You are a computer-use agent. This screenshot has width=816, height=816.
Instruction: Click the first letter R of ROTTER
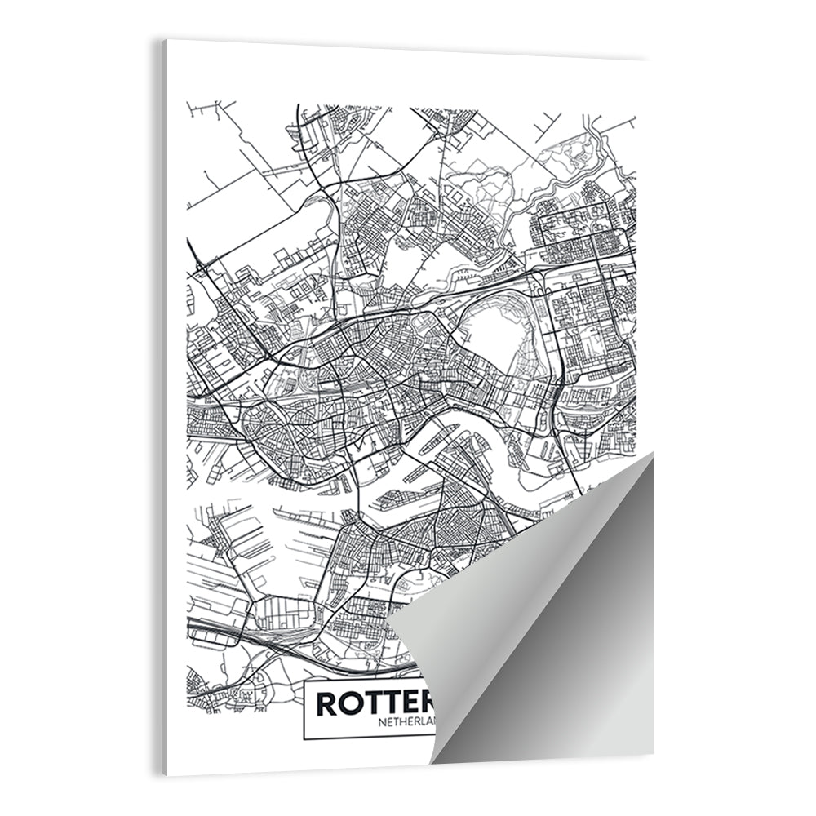[326, 703]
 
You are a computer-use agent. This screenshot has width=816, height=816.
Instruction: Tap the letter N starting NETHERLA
[381, 721]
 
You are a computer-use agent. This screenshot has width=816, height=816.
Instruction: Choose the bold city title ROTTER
[371, 703]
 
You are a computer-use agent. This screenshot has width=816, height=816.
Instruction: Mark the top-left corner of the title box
[304, 679]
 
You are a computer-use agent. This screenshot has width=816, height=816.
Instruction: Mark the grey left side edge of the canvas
[163, 408]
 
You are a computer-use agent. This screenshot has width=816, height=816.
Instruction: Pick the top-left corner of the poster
[166, 40]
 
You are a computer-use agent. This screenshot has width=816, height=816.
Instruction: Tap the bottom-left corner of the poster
[168, 774]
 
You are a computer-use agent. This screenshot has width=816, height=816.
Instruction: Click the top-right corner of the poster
[647, 59]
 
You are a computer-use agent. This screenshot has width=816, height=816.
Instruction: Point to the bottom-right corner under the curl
[653, 755]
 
